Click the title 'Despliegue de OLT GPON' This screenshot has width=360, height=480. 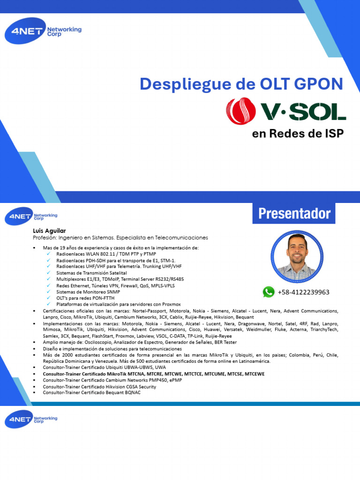pyautogui.click(x=241, y=84)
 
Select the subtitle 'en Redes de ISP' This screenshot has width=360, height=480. pyautogui.click(x=298, y=134)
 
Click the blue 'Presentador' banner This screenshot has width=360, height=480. pyautogui.click(x=294, y=214)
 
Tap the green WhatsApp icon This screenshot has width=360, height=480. pyautogui.click(x=269, y=292)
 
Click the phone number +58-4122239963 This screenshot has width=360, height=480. pyautogui.click(x=304, y=292)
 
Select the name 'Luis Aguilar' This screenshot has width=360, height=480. pyautogui.click(x=49, y=231)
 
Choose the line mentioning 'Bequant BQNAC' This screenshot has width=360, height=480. pyautogui.click(x=91, y=393)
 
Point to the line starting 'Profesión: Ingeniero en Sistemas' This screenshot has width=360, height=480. pyautogui.click(x=120, y=238)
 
